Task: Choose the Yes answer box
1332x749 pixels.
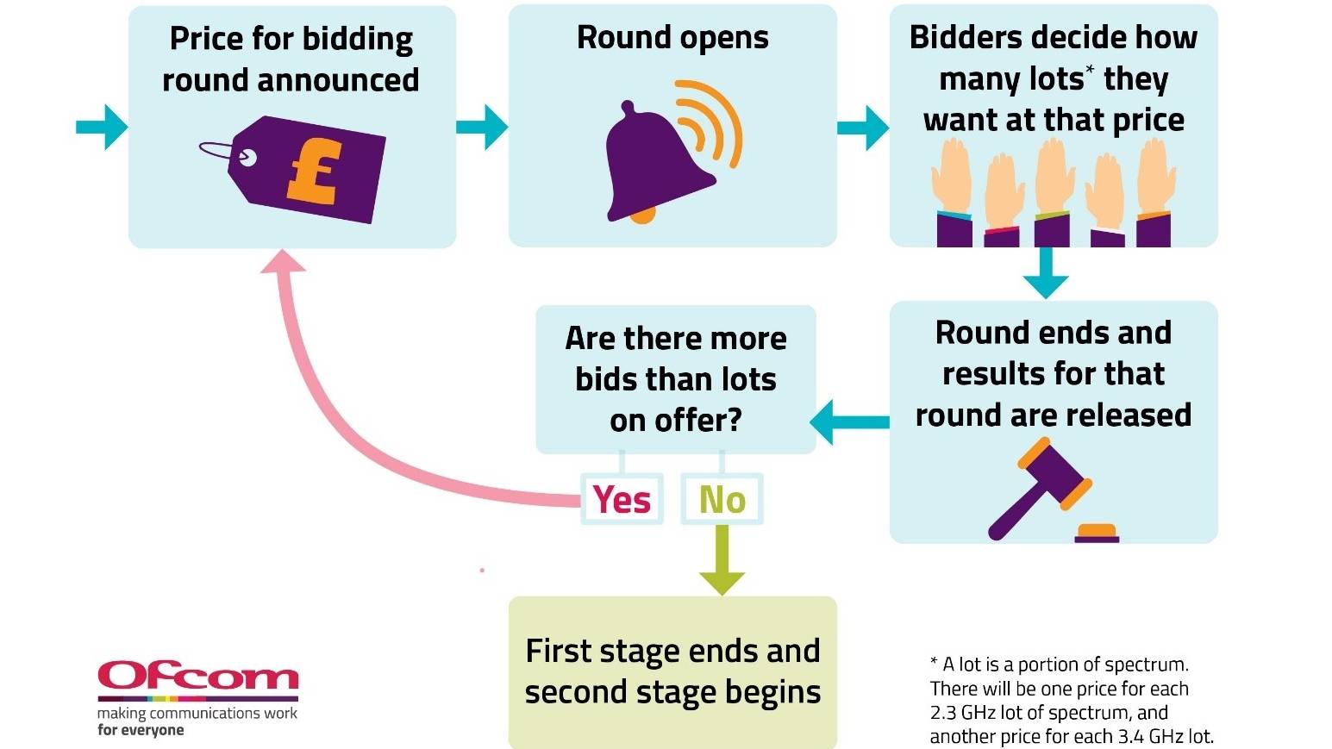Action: coord(622,499)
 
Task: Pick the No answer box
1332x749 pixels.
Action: coord(722,499)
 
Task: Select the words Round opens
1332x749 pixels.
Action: coord(672,38)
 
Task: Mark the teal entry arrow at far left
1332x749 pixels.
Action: coord(103,128)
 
